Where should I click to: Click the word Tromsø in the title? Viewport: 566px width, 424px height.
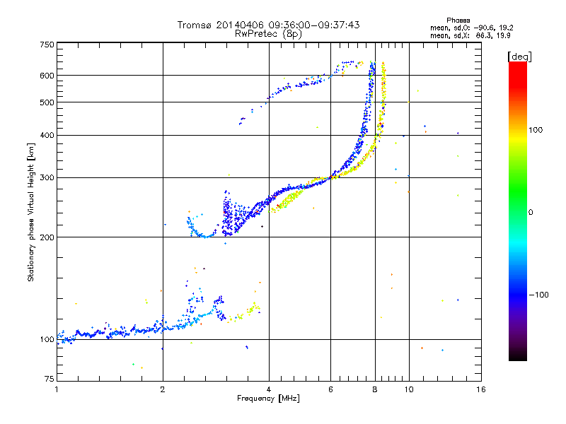195,25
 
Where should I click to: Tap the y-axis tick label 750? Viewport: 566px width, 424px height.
47,45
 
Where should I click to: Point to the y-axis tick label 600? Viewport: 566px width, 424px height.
47,76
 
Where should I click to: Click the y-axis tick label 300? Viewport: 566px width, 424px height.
47,177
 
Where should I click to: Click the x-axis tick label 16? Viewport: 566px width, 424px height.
480,389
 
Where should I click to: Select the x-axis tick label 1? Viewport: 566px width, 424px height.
57,389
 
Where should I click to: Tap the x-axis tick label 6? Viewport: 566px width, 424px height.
330,389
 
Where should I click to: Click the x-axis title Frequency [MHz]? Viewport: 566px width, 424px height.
267,399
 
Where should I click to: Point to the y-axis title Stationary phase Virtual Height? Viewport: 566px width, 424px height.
31,212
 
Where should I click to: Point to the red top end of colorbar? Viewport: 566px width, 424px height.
518,65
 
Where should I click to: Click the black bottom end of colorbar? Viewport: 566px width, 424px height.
518,358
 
